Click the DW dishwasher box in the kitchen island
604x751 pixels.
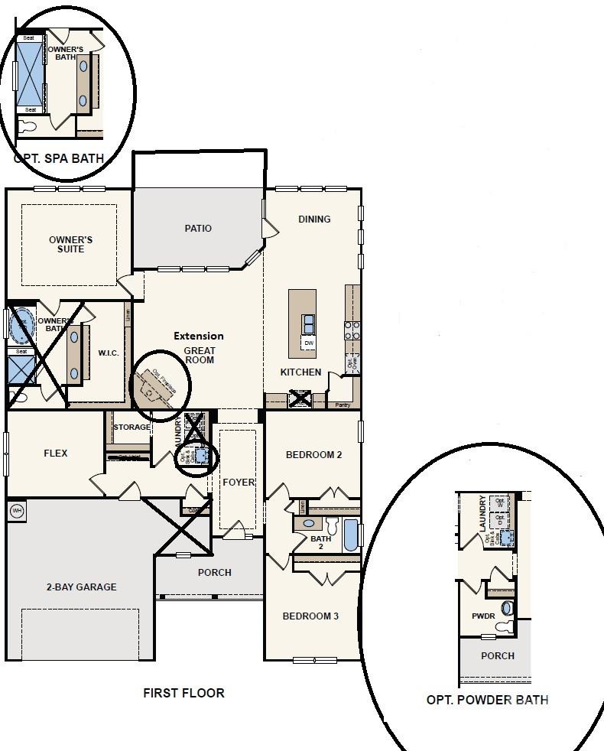[309, 343]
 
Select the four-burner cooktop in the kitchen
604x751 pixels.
[352, 330]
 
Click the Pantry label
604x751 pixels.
[343, 405]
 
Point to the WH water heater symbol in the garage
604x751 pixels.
[16, 510]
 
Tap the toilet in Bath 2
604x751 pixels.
[332, 525]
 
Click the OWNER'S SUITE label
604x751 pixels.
[66, 245]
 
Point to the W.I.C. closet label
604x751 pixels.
[107, 353]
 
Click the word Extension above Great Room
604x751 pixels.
[198, 336]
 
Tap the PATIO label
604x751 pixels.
[198, 228]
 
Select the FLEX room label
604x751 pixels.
[55, 453]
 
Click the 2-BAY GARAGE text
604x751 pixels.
[80, 587]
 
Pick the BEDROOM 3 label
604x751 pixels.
[310, 616]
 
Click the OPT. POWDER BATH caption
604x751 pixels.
[486, 700]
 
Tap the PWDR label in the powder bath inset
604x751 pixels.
[483, 616]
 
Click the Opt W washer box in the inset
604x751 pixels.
[501, 502]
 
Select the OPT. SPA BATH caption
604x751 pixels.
[59, 159]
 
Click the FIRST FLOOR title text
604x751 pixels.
[183, 693]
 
